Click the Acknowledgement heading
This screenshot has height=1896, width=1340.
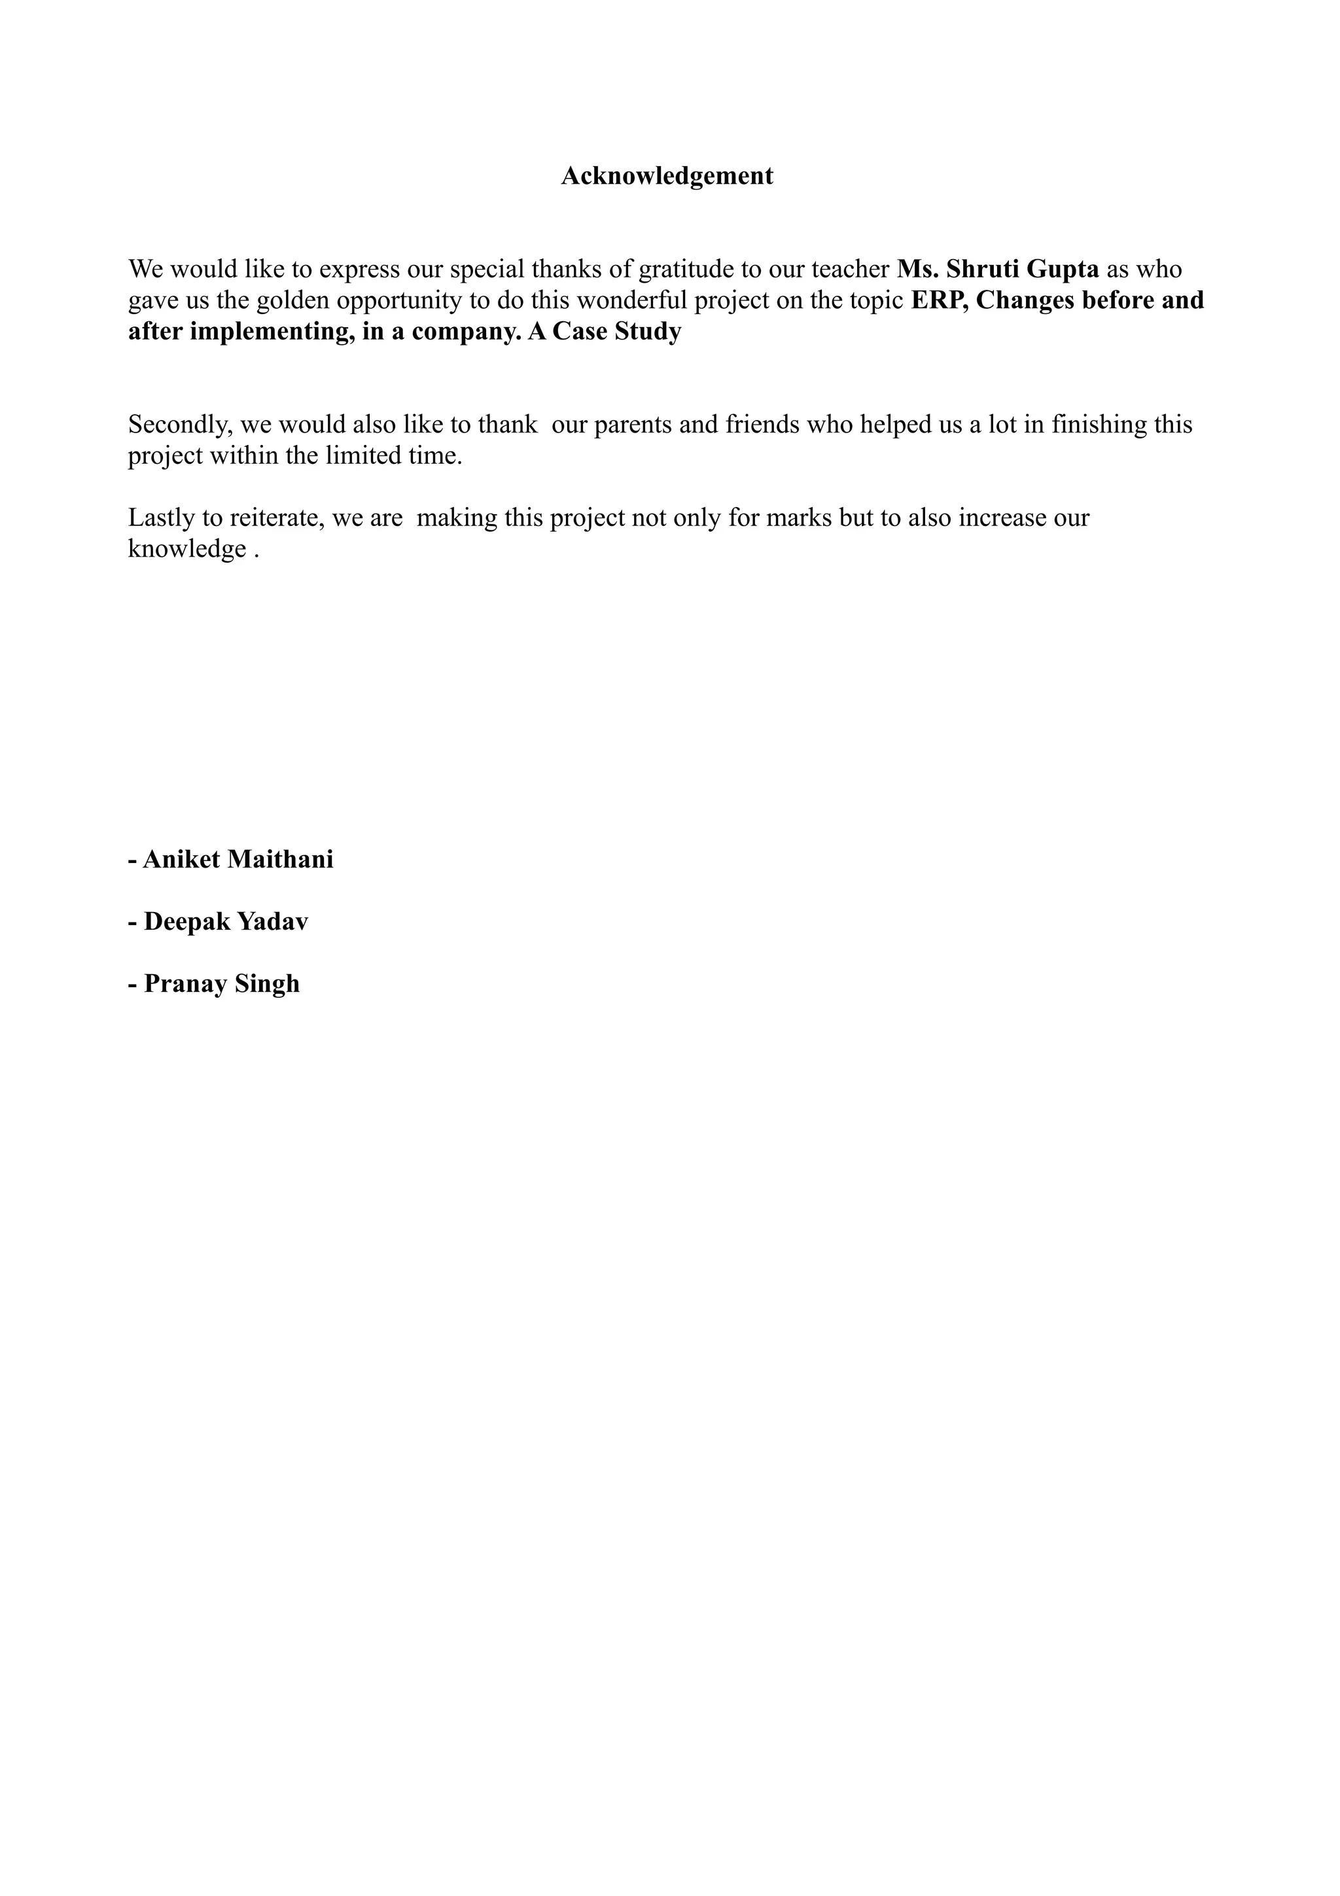point(667,176)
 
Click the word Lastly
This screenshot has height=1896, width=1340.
point(161,519)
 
